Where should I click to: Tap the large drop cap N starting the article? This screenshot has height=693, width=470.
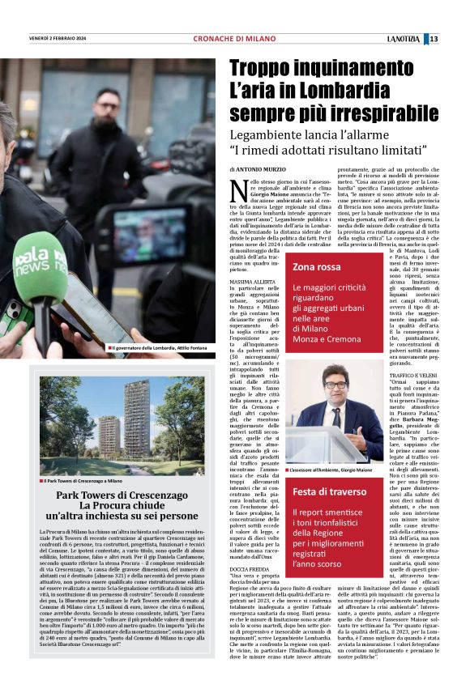pyautogui.click(x=238, y=190)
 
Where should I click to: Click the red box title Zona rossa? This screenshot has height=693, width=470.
pyautogui.click(x=317, y=266)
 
